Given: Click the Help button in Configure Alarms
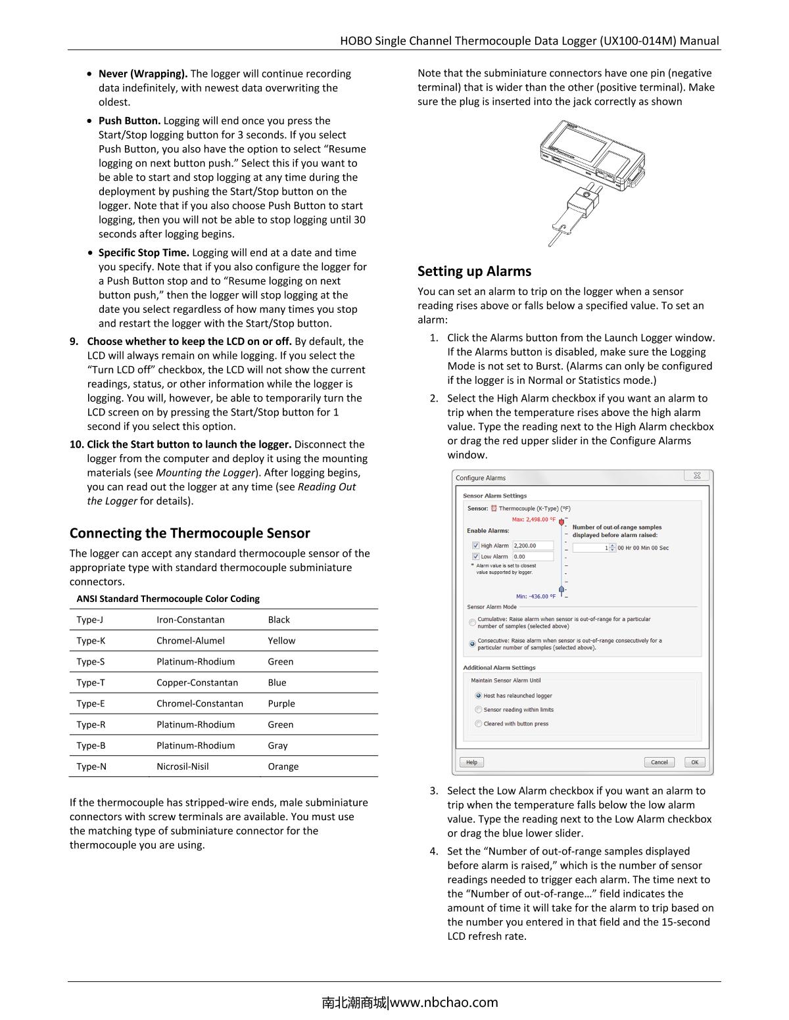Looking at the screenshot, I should point(471,762).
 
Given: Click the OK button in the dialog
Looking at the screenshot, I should point(694,762).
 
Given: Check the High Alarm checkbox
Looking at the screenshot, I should point(475,545).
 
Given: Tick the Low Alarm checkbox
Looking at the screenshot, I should point(475,557).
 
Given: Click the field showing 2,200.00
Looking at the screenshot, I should point(532,545).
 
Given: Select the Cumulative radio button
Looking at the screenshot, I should point(472,622).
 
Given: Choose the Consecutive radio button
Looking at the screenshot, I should point(472,644).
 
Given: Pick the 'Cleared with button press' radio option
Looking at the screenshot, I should point(478,724).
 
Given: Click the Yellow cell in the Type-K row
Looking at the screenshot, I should point(281,641).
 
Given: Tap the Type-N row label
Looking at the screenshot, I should point(91,766).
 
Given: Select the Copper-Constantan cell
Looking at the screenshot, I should point(197,683).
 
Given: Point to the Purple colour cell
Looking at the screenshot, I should point(281,704).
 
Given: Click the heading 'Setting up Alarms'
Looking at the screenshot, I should point(474,271).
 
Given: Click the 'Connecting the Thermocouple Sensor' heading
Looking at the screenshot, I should point(189,533).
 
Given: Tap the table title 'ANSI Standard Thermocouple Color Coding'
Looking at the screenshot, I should point(168,599).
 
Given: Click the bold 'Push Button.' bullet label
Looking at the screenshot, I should point(130,121).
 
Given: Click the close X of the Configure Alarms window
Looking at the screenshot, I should point(697,476).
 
